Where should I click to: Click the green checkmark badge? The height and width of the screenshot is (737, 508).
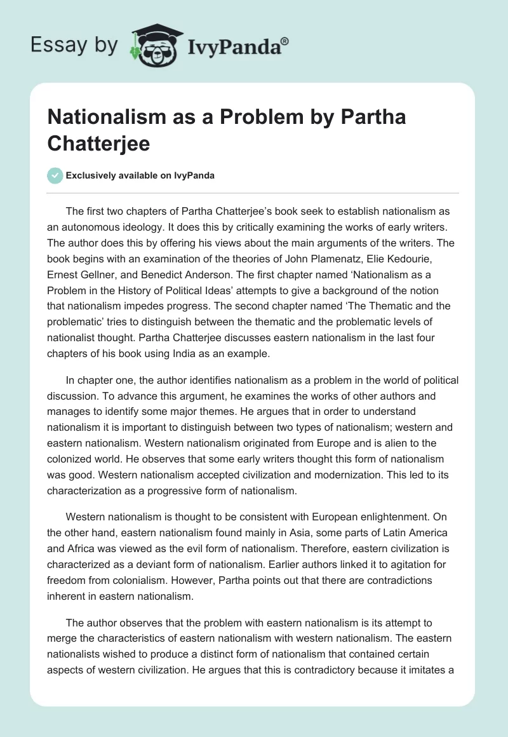[x=55, y=175]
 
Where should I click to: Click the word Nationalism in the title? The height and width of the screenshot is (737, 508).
[x=105, y=118]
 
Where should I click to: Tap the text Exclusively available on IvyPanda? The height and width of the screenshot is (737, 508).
[x=140, y=175]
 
